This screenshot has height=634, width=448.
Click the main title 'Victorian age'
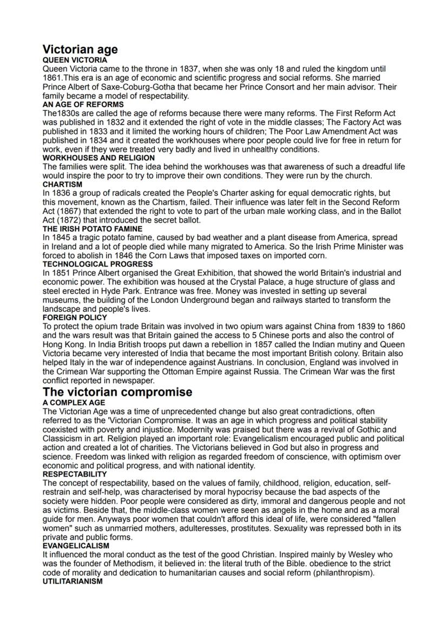[80, 50]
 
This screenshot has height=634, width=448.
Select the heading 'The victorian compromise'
[117, 391]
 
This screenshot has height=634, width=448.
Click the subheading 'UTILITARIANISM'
[73, 581]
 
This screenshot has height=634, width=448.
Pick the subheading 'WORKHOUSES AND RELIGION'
[91, 158]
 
